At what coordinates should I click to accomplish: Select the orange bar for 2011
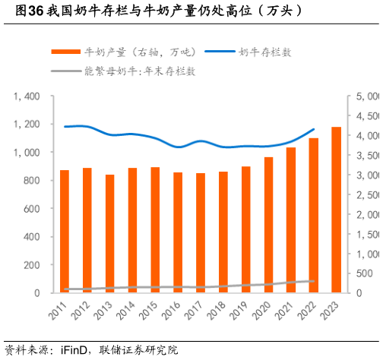coord(65,231)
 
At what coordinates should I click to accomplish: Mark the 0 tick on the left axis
coord(36,293)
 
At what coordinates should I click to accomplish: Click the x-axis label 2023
coord(331,311)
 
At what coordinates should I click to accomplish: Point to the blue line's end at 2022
coord(314,129)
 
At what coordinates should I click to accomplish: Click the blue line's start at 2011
coord(65,127)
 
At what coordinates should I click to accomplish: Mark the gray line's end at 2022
coord(314,281)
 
